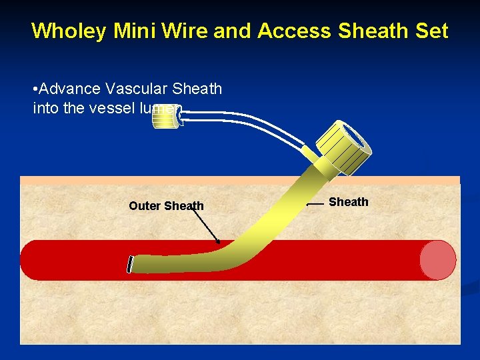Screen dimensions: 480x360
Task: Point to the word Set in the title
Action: coord(431,31)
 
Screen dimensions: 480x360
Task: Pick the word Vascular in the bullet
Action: coord(131,89)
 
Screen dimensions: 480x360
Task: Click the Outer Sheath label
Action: coord(166,206)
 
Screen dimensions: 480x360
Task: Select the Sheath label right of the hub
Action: coord(348,202)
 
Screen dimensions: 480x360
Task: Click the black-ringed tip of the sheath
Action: coord(131,264)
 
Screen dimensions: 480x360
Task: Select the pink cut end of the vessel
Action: coord(437,259)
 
